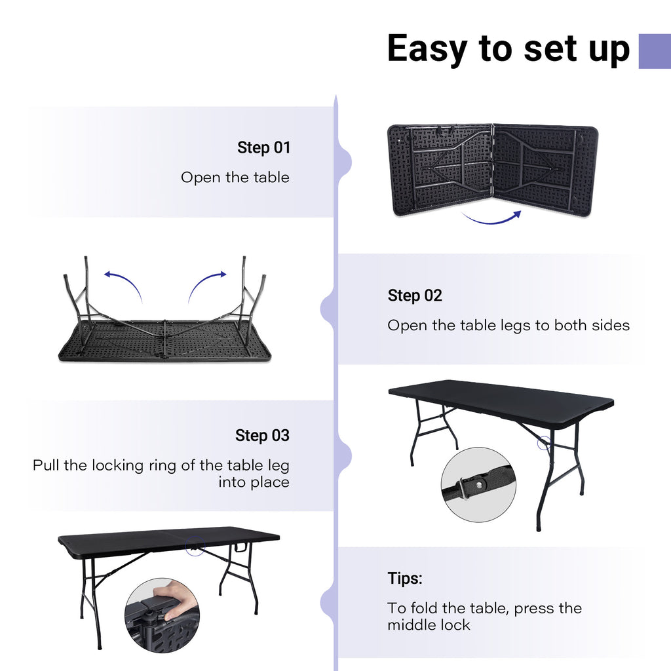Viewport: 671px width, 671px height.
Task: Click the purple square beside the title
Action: click(x=654, y=51)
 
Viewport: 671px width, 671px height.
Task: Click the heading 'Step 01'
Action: click(x=263, y=147)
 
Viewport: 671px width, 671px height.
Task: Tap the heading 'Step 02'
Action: click(x=415, y=296)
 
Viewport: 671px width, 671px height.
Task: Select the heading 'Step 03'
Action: click(x=262, y=435)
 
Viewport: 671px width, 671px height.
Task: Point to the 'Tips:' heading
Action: click(x=404, y=579)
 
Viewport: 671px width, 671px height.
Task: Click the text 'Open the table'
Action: click(x=235, y=178)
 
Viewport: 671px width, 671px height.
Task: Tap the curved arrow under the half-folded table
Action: click(x=491, y=218)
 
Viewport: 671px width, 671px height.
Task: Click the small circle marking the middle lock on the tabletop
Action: click(x=195, y=546)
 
